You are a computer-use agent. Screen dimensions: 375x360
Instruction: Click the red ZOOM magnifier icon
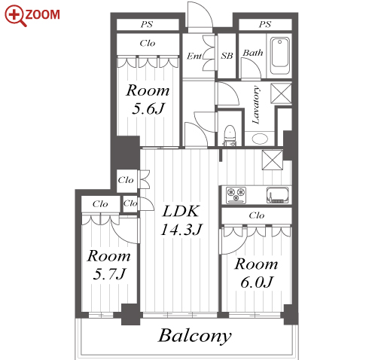click(16, 16)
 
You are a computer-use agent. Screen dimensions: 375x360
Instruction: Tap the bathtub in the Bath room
click(279, 55)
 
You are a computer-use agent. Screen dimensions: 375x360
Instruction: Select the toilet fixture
click(230, 136)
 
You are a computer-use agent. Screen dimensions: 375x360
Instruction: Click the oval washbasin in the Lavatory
click(260, 139)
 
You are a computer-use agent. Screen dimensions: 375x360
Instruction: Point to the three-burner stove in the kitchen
click(236, 195)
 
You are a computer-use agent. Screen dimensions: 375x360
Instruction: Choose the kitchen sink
click(277, 195)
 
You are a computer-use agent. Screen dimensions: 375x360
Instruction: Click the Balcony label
click(194, 337)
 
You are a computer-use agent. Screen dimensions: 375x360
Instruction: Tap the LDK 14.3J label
click(181, 220)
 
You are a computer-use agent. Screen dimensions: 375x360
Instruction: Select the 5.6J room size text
click(148, 109)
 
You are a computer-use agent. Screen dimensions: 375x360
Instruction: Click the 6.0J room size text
click(256, 282)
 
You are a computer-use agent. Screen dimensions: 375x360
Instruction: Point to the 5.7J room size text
click(109, 274)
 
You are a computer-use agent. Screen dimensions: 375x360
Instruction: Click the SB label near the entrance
click(227, 56)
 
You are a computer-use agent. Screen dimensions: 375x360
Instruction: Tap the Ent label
click(194, 56)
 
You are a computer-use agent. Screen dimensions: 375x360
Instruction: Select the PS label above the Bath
click(265, 24)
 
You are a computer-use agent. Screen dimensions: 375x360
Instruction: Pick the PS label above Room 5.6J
click(147, 24)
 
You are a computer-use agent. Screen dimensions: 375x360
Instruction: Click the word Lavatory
click(256, 105)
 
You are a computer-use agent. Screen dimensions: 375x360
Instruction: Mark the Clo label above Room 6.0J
click(257, 215)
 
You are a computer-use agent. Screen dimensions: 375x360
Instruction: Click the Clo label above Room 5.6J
click(148, 43)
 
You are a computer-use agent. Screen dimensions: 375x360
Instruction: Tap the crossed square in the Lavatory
click(281, 93)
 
